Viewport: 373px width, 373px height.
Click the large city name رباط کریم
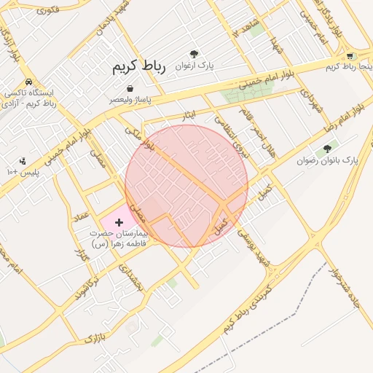coord(139,67)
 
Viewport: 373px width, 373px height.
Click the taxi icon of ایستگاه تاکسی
coord(28,82)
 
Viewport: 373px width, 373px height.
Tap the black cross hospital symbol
coord(119,221)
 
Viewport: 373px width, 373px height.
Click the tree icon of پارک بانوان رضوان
coord(326,149)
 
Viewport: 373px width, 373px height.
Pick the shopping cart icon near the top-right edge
coord(350,56)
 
